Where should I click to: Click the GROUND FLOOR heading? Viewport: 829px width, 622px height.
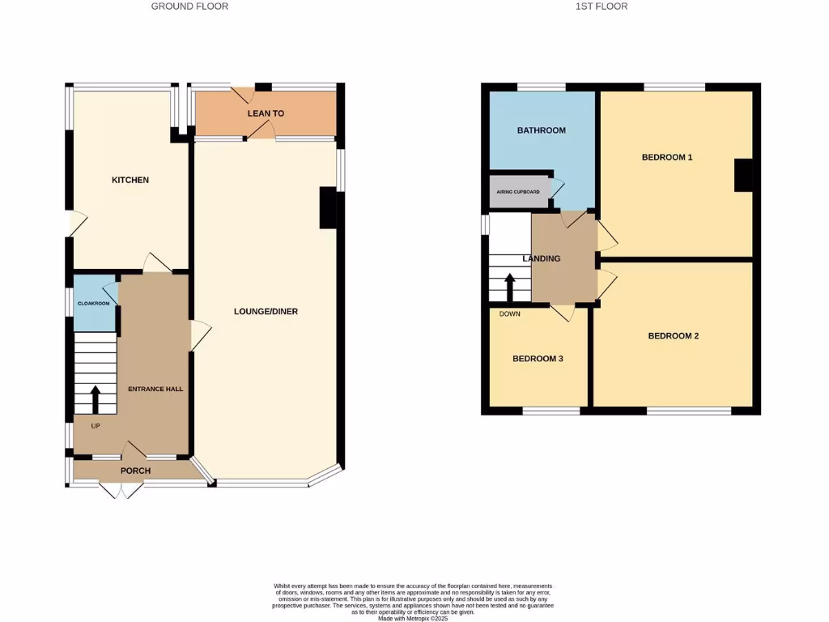(189, 6)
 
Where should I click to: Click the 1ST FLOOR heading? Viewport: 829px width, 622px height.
(601, 6)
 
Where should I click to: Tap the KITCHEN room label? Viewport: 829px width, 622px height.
(130, 180)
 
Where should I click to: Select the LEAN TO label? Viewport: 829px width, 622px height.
(266, 114)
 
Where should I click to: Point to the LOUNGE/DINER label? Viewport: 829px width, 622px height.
(266, 312)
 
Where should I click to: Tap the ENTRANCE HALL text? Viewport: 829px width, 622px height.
(155, 389)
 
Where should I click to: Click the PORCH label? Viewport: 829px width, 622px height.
(136, 471)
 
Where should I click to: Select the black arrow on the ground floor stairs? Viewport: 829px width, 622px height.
(95, 399)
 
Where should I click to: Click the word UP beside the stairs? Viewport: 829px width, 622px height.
(95, 426)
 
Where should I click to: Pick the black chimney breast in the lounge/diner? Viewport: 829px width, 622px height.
(328, 207)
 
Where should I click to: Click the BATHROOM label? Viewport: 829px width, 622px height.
(542, 130)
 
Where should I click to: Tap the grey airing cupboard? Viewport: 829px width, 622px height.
(519, 192)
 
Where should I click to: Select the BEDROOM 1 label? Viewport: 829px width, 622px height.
(667, 157)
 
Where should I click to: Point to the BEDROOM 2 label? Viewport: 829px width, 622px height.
(673, 336)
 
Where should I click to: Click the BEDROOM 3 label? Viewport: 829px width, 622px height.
(538, 359)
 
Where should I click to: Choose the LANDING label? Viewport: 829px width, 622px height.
(542, 259)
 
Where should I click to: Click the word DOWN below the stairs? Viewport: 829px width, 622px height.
(510, 314)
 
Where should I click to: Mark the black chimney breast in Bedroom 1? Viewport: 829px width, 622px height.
(742, 175)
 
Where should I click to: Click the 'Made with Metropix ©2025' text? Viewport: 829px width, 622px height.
(413, 618)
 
